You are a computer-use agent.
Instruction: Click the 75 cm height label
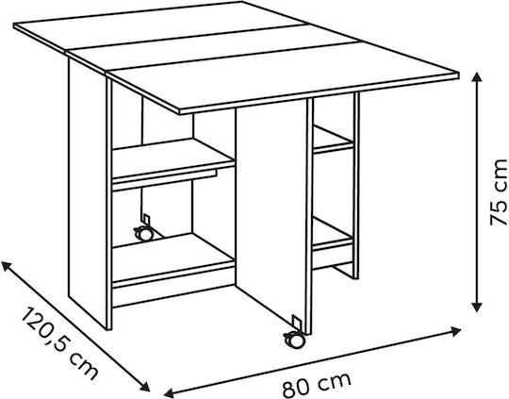[x=499, y=192]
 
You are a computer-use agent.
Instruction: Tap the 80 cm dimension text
[x=316, y=384]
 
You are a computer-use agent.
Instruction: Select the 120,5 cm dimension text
[x=59, y=343]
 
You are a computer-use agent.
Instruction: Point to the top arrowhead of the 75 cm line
[x=476, y=77]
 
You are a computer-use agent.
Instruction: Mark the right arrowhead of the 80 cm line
[x=456, y=331]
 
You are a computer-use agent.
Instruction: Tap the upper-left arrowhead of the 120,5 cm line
[x=7, y=265]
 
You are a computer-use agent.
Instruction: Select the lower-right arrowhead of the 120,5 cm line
[x=145, y=387]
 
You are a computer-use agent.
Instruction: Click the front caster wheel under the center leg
[x=294, y=340]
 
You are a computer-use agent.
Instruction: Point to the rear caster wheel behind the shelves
[x=143, y=233]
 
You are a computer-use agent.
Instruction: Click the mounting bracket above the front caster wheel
[x=296, y=323]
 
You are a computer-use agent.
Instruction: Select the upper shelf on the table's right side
[x=333, y=140]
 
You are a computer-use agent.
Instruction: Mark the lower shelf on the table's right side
[x=333, y=233]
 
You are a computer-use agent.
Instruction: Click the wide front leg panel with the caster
[x=271, y=214]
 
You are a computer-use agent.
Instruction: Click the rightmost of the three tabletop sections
[x=283, y=76]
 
